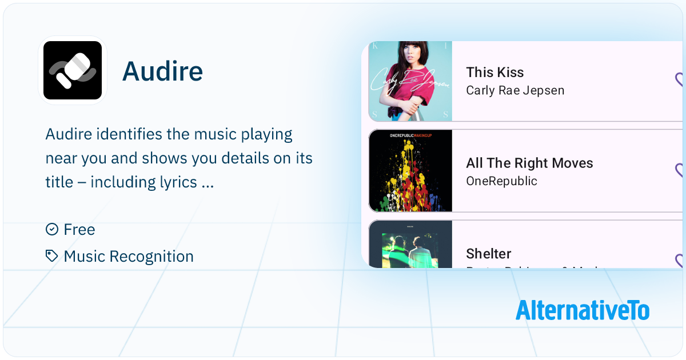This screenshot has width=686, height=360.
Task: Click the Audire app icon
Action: (73, 71)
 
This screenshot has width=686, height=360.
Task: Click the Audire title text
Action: (162, 71)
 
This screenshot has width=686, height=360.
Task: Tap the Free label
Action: (79, 230)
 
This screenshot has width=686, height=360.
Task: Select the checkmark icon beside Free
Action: (52, 229)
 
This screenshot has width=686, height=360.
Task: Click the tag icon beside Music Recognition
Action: (52, 256)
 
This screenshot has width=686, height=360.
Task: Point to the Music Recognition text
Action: (129, 257)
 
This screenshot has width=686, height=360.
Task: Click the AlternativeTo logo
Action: (582, 310)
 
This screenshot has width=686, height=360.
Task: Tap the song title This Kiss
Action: (494, 73)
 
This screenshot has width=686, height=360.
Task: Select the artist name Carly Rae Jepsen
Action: (515, 90)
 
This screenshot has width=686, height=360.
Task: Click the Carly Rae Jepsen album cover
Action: (410, 81)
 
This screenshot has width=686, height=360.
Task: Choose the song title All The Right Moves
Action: (529, 163)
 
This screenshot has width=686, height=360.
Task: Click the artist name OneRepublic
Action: (501, 181)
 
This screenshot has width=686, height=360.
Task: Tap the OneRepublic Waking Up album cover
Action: (410, 171)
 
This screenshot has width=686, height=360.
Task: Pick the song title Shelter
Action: (489, 254)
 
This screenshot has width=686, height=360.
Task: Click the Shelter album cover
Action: (410, 244)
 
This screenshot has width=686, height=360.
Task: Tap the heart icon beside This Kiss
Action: (680, 80)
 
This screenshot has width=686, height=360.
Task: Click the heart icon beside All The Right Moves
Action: (680, 170)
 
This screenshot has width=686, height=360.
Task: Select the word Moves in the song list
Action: (572, 163)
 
